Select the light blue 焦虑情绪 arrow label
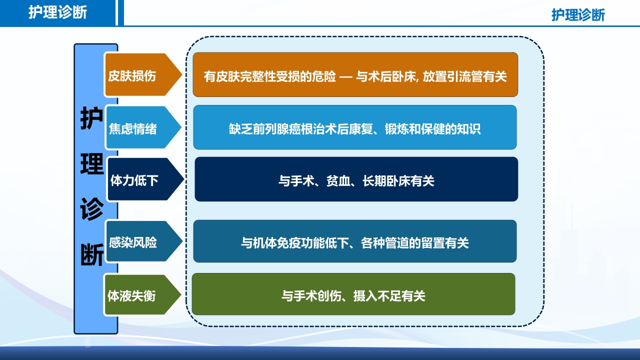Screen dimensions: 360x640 click(133, 129)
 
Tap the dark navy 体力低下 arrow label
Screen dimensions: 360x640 click(134, 180)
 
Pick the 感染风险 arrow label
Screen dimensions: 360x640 click(133, 242)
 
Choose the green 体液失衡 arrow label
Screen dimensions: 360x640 click(132, 296)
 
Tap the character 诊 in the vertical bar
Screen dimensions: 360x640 click(91, 210)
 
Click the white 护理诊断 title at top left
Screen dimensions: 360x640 click(57, 12)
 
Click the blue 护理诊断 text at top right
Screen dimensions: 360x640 click(578, 14)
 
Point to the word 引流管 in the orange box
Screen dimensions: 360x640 click(466, 76)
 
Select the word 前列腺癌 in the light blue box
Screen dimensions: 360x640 click(271, 129)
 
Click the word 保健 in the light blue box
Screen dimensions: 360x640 click(429, 129)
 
